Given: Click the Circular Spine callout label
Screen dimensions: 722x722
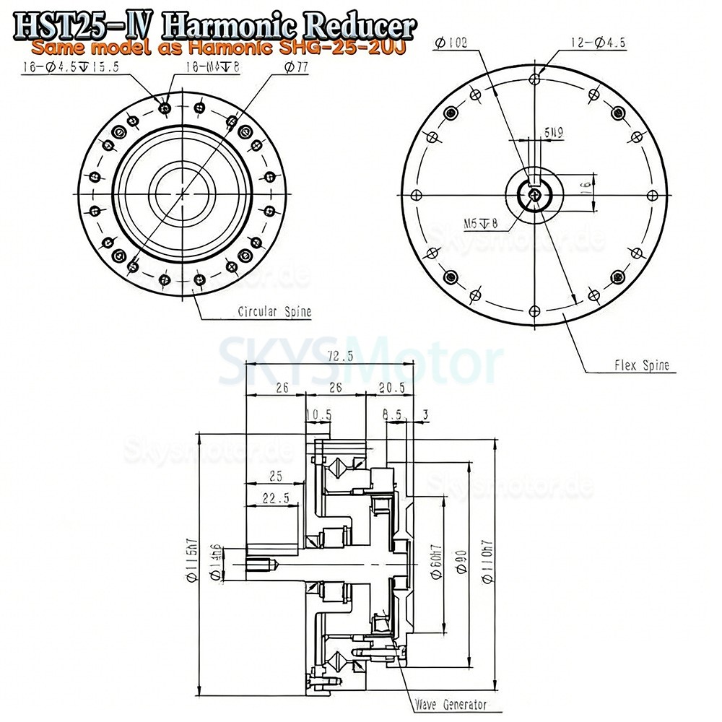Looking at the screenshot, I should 274,313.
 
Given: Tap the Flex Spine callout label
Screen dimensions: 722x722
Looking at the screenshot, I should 641,365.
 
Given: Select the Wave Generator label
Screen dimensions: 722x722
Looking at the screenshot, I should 451,705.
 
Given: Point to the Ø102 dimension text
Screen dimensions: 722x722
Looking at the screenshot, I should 452,43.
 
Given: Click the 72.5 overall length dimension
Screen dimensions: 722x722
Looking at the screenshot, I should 339,357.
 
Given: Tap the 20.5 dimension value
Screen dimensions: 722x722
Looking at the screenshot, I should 391,388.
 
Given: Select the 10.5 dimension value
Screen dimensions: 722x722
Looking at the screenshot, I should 318,414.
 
